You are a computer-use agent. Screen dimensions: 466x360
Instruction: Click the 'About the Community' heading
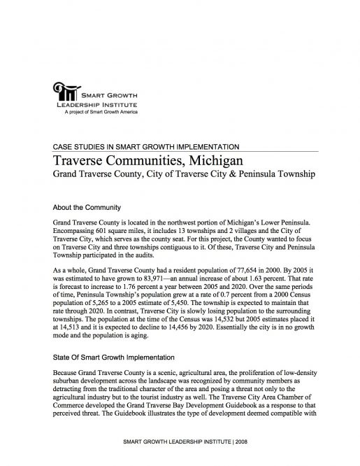click(x=87, y=208)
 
